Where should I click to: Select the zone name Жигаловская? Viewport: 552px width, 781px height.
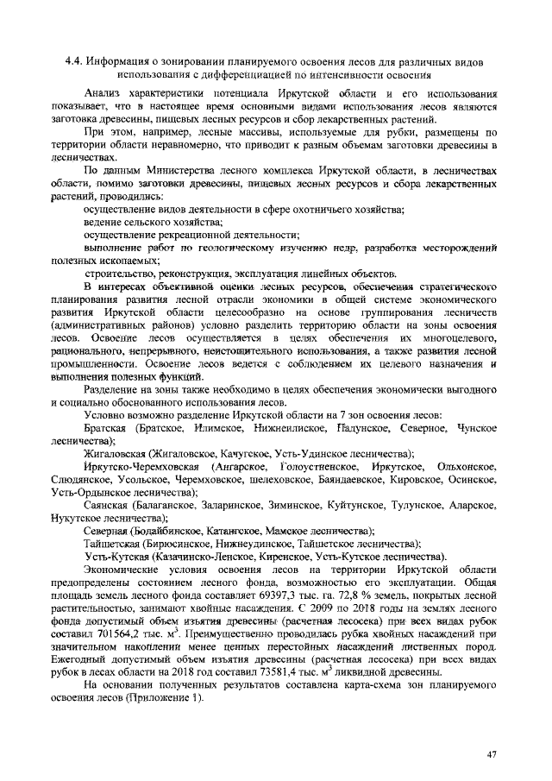pos(115,453)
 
